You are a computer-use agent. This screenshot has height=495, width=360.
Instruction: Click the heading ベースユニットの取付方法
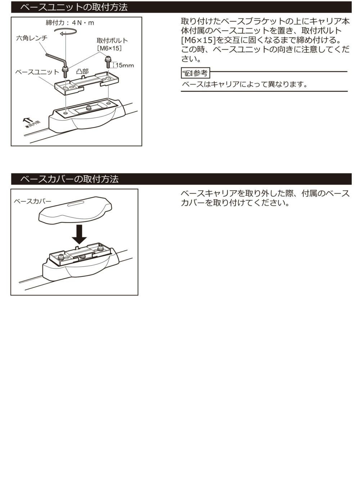pos(74,7)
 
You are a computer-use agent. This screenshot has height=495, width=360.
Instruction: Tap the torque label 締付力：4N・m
pos(70,23)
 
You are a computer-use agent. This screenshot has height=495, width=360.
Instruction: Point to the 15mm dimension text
pos(125,65)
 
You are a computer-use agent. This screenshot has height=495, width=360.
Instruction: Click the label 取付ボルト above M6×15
pos(112,41)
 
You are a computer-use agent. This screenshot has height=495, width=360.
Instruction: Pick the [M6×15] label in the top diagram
pos(109,48)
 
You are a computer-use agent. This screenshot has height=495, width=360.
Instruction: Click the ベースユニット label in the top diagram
pos(37,72)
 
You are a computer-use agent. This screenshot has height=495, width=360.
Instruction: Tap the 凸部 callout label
pos(82,71)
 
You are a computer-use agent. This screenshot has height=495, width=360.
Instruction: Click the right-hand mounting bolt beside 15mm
pos(108,62)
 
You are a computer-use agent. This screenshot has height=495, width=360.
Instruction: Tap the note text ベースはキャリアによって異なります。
pos(245,85)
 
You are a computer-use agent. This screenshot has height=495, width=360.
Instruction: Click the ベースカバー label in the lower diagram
pos(32,201)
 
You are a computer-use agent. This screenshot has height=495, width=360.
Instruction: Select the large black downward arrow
pos(79,234)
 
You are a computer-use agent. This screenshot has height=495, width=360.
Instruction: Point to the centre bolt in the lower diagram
pos(83,256)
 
